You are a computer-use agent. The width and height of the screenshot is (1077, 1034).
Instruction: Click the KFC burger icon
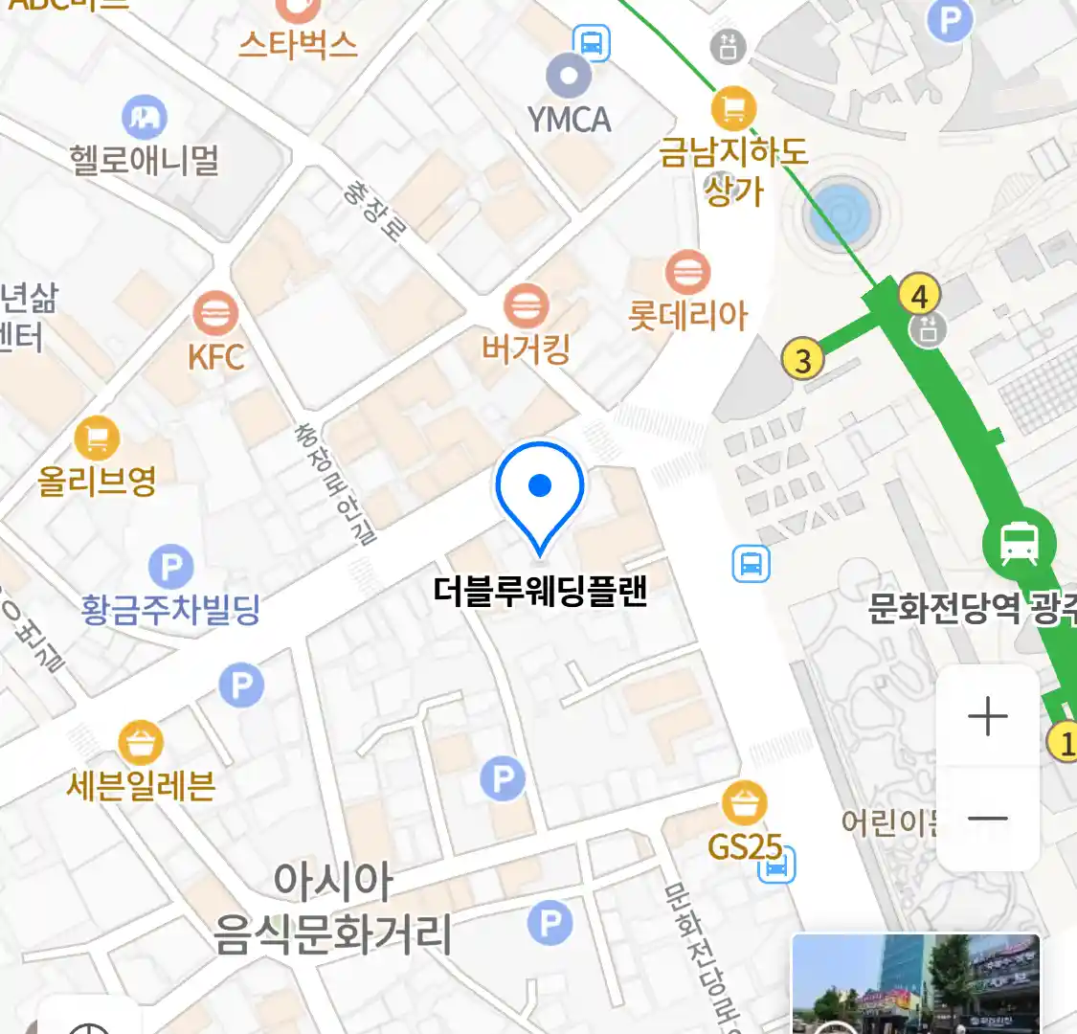tap(215, 312)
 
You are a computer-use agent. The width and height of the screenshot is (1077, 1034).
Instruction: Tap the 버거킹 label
tap(526, 349)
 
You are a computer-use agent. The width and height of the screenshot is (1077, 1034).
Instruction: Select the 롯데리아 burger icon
tap(686, 272)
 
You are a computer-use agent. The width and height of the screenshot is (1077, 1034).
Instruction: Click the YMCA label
tap(570, 120)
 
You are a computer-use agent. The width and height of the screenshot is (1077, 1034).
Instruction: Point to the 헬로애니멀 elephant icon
tap(145, 117)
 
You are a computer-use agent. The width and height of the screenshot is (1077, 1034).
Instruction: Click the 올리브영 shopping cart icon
tap(97, 438)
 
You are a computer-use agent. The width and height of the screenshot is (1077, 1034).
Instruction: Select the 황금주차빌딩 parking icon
tap(171, 567)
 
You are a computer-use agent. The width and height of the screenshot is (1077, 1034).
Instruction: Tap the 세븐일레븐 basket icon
tap(141, 742)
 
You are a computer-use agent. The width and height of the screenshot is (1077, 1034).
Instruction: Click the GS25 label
tap(745, 846)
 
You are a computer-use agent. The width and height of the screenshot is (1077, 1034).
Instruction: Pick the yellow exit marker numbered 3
tap(803, 360)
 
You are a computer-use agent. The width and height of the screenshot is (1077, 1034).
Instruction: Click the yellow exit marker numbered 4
tap(919, 296)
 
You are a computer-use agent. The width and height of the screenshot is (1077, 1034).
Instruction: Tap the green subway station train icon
tap(1019, 544)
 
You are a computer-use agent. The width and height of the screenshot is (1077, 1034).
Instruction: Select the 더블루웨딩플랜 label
tap(541, 591)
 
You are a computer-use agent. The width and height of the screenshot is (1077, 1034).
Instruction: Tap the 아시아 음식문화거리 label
tap(332, 908)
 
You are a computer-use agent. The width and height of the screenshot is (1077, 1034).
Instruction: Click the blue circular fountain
tap(840, 214)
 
